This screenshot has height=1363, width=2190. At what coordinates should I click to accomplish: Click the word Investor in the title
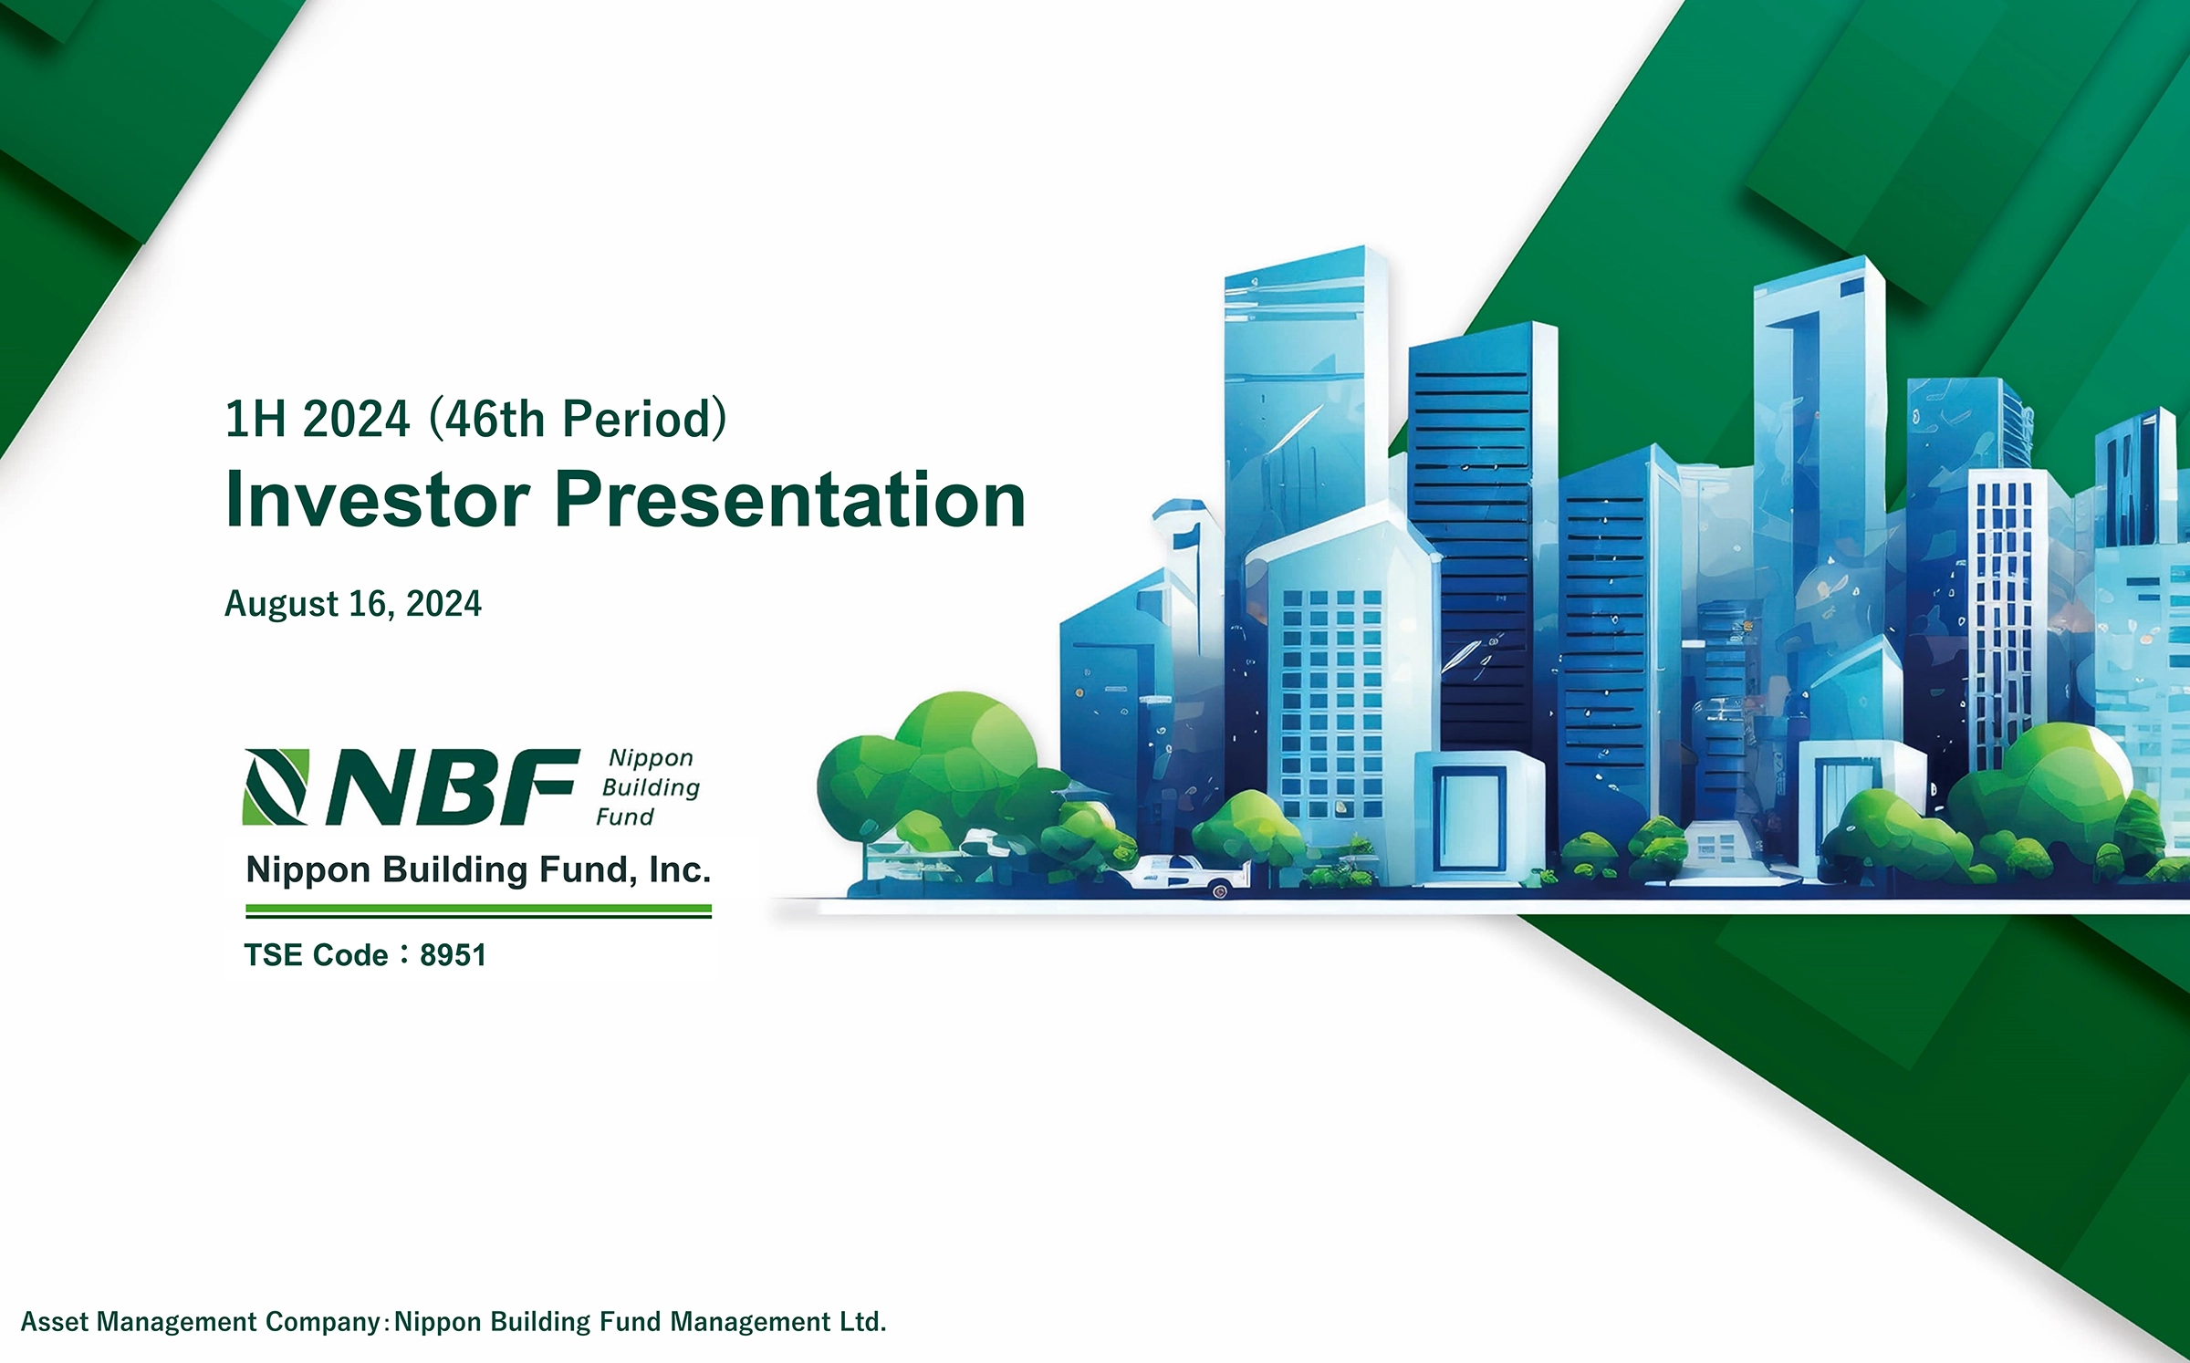[x=378, y=499]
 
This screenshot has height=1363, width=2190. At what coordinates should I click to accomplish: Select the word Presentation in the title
[x=790, y=499]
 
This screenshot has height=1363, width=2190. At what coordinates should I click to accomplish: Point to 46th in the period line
[x=495, y=419]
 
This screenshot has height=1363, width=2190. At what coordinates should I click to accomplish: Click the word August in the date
[x=282, y=605]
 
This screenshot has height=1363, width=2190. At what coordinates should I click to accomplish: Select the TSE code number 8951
[x=453, y=955]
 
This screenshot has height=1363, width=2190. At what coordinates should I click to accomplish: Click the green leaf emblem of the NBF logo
[x=276, y=786]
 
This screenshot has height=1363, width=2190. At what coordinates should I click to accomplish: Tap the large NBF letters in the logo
[x=453, y=786]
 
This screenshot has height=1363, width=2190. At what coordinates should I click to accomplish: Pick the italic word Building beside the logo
[x=651, y=788]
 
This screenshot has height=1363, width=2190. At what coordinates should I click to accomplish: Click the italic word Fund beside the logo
[x=625, y=817]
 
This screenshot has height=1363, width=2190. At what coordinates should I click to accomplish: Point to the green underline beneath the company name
[x=478, y=910]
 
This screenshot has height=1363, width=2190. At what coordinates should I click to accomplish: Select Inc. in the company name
[x=679, y=870]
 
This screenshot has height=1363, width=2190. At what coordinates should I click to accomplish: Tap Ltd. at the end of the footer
[x=862, y=1322]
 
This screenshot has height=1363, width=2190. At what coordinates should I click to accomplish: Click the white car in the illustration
[x=1184, y=874]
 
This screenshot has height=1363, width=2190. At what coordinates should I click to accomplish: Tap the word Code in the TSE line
[x=349, y=955]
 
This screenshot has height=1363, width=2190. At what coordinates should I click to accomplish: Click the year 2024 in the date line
[x=443, y=605]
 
